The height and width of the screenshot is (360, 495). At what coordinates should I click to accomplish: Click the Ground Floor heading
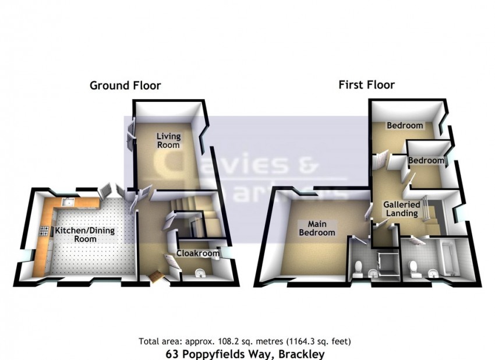(x=125, y=86)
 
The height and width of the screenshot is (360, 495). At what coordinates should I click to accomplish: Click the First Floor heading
(x=366, y=85)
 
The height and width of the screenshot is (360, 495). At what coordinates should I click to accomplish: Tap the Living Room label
(x=168, y=140)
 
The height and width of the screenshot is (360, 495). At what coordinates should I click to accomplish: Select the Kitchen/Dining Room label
(x=85, y=235)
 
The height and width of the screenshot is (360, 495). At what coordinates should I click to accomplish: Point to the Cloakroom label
(x=198, y=253)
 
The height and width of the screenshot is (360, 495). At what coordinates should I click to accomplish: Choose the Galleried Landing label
(x=400, y=209)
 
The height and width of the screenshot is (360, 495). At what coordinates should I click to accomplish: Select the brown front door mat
(x=156, y=276)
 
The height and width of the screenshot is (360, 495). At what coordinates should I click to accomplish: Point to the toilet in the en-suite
(x=359, y=269)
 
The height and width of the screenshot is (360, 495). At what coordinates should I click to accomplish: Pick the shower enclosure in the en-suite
(x=384, y=263)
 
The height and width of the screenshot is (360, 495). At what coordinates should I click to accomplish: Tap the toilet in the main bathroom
(x=415, y=269)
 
